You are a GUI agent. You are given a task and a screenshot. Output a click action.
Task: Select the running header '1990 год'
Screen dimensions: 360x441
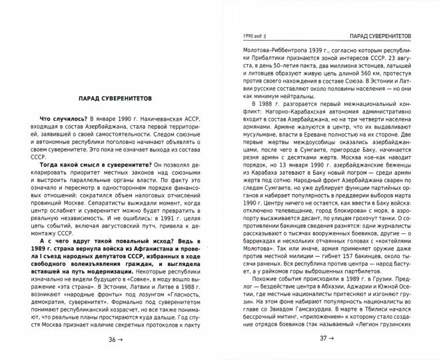coord(251,35)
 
